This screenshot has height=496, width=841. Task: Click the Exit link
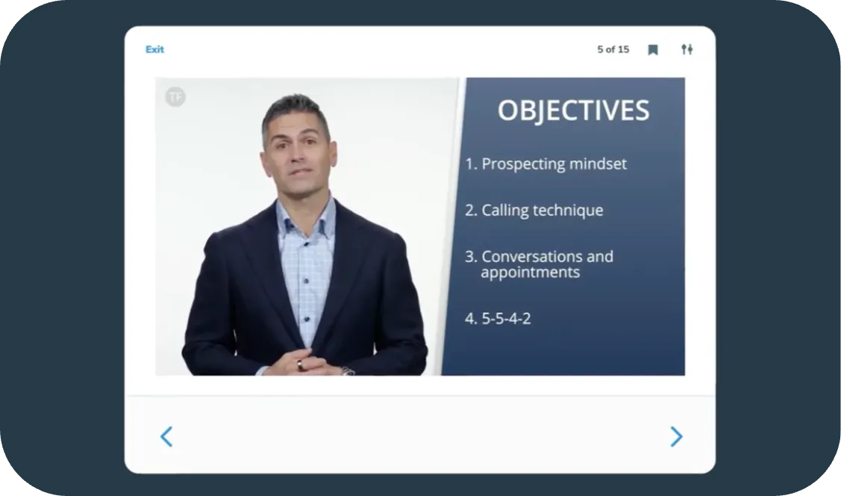coord(154,49)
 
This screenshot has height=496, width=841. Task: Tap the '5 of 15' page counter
coord(613,49)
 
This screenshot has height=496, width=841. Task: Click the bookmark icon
coord(653,50)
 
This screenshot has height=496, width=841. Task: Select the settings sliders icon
coord(687,49)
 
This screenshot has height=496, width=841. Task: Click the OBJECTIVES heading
coord(573,111)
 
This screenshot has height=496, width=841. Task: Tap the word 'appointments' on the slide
coord(530,273)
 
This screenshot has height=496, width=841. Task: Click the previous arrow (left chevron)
coord(166,436)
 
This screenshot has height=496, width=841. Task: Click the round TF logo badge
coord(175,96)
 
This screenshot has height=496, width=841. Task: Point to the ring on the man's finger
coord(300,365)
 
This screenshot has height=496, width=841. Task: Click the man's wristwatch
coord(347,370)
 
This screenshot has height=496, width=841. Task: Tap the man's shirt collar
coord(305,213)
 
